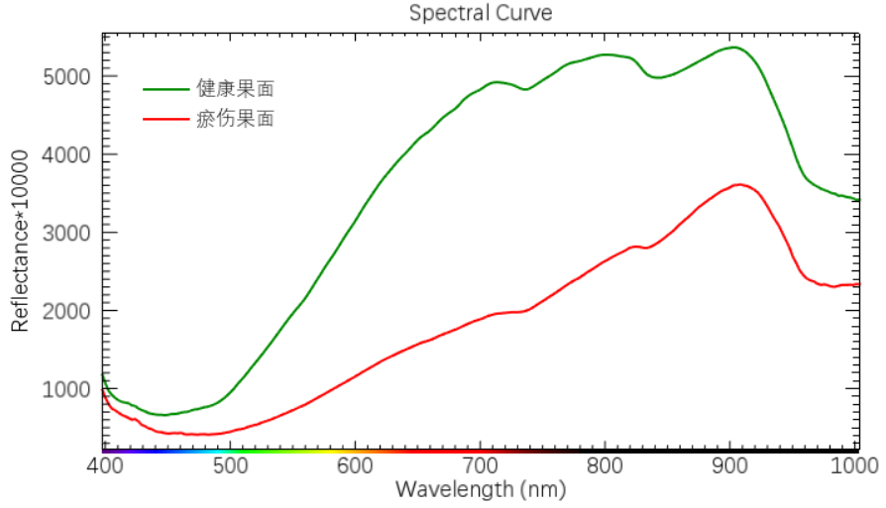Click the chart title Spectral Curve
point(481,13)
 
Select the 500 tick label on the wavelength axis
point(229,465)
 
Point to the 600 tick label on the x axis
point(354,465)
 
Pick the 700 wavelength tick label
point(480,465)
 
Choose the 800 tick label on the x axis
point(605,465)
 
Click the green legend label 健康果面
point(235,89)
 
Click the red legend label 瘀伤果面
point(235,120)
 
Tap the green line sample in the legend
point(166,89)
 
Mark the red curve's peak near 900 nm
point(738,184)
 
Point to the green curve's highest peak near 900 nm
point(732,48)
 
